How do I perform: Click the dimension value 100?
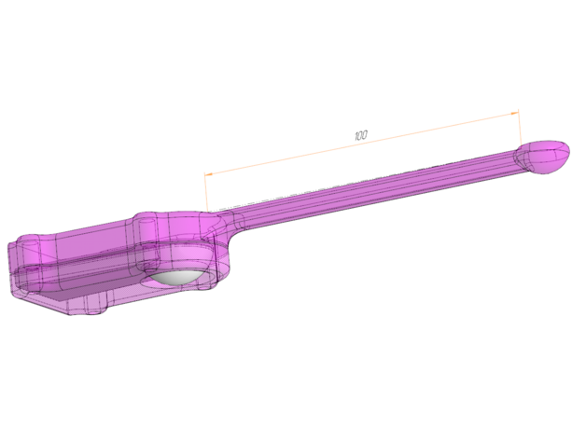point(360,135)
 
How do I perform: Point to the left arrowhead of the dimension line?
point(208,174)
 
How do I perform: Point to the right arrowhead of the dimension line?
point(515,113)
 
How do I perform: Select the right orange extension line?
point(520,128)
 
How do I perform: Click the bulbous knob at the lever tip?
point(543,157)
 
